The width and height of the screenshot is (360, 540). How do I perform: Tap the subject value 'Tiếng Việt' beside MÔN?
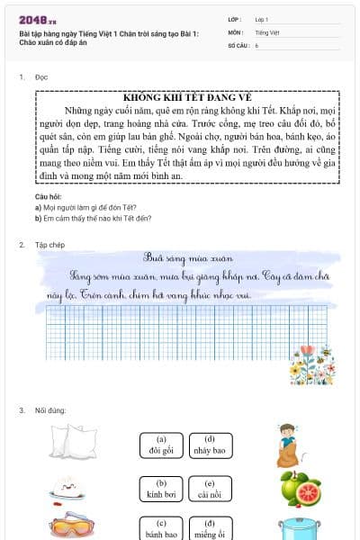click(x=267, y=31)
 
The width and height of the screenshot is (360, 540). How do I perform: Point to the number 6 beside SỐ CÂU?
click(x=257, y=44)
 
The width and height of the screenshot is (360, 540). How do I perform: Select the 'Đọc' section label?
click(x=41, y=77)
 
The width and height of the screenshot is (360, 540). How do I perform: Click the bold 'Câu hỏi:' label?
click(x=49, y=195)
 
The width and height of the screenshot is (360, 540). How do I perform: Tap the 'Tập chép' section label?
click(x=49, y=245)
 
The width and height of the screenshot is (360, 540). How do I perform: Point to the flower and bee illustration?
click(x=311, y=364)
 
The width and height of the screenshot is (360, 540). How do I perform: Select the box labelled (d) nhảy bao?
click(x=209, y=445)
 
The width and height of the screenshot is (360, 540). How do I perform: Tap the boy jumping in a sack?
click(x=287, y=444)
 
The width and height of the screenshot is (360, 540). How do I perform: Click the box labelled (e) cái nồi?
click(x=209, y=489)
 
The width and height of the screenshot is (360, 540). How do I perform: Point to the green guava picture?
click(x=300, y=489)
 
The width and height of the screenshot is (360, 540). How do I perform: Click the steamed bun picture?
click(x=66, y=490)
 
